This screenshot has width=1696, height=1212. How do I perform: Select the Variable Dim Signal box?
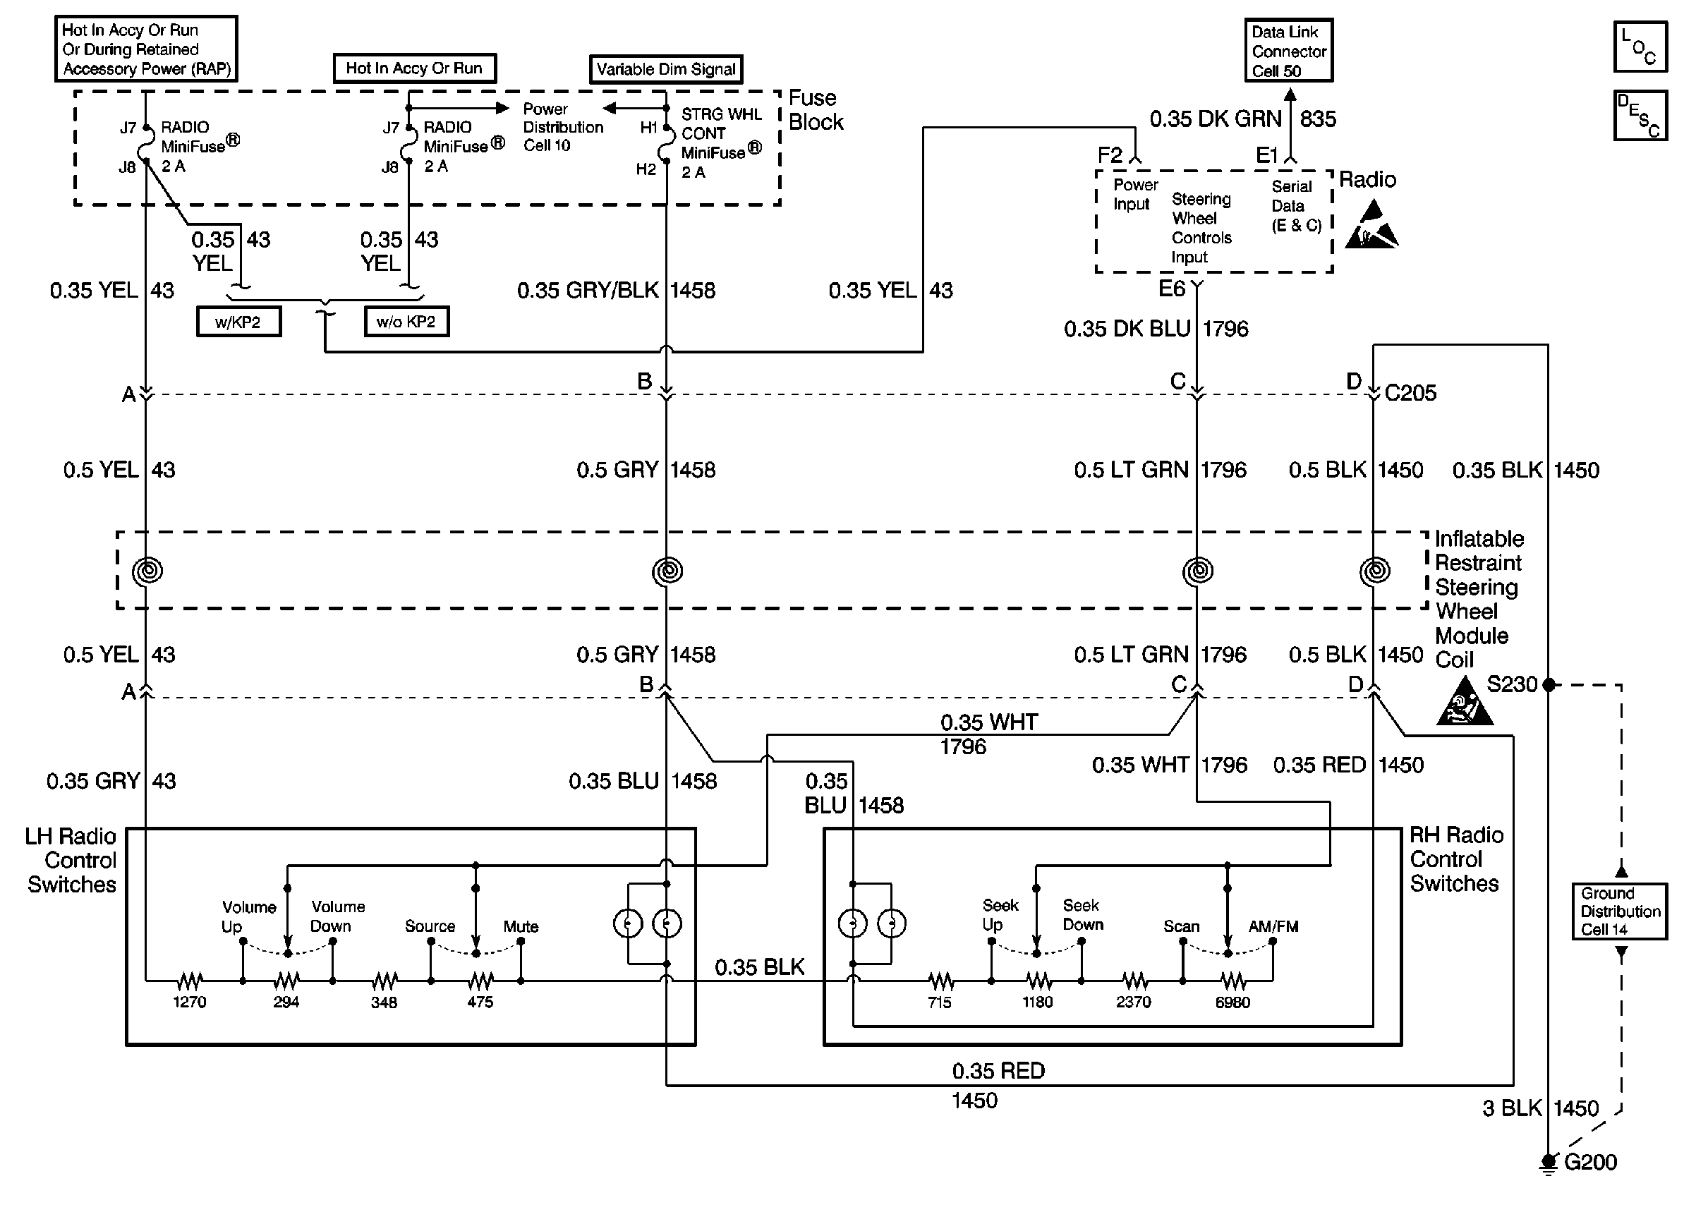point(665,69)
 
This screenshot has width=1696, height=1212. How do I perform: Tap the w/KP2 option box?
point(238,322)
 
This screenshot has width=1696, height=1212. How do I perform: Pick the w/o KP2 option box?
point(406,322)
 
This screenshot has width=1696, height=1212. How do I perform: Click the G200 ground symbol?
point(1549,1162)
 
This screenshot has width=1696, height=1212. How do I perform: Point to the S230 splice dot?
point(1549,684)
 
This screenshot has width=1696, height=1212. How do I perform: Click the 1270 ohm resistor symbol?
point(190,981)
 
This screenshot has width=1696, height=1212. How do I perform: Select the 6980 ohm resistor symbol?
point(1232,981)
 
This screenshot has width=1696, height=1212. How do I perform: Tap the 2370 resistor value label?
point(1134,1002)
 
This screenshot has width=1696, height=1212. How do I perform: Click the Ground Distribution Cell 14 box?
point(1620,911)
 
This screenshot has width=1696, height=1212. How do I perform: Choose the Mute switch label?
point(521,926)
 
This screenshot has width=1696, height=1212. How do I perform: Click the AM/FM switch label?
point(1273,926)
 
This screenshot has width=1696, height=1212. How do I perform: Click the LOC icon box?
point(1640,47)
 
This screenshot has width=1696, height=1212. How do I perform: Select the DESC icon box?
point(1640,116)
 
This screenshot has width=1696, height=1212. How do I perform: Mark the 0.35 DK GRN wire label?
point(1215,119)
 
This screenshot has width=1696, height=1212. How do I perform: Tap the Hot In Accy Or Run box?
point(414,68)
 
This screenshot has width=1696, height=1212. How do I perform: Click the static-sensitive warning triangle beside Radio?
point(1371,226)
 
